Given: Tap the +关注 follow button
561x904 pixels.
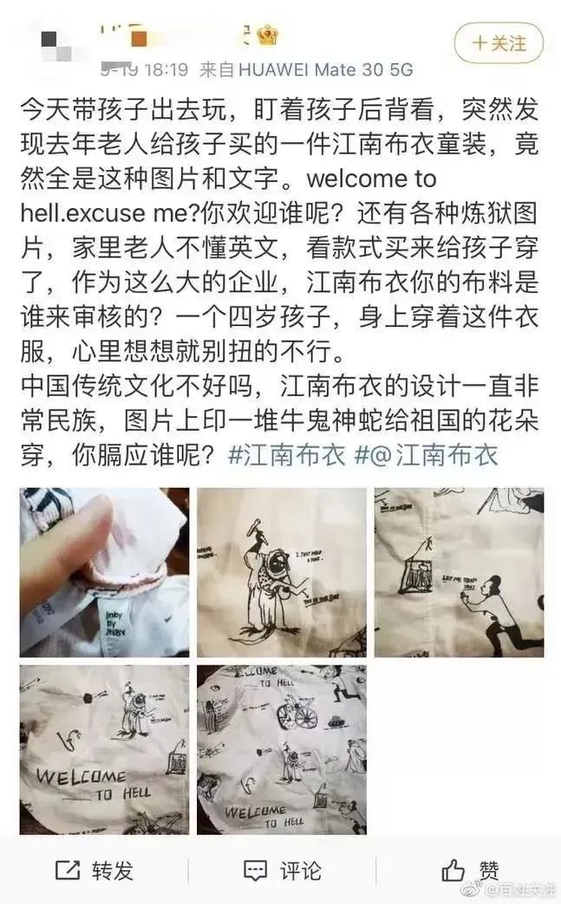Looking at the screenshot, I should [x=499, y=42].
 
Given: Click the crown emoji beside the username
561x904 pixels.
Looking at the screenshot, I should [x=268, y=36].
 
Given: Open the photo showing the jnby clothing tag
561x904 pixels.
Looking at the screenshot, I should [x=104, y=572].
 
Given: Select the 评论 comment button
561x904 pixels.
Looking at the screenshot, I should [x=282, y=869].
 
